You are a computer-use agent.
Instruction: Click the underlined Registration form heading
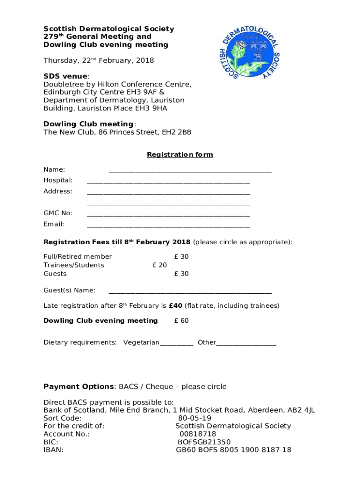180,154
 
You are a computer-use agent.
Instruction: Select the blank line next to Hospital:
168,182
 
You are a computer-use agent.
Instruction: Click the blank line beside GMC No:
168,215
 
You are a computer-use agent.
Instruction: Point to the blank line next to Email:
168,226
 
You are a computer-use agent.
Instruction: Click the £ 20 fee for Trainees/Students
159,265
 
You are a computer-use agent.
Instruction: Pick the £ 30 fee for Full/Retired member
181,257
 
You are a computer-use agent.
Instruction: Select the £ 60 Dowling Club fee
181,320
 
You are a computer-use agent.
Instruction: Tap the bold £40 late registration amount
175,306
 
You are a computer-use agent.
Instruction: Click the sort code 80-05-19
194,418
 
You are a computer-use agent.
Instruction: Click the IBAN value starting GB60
233,450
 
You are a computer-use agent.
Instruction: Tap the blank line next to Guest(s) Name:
190,292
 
